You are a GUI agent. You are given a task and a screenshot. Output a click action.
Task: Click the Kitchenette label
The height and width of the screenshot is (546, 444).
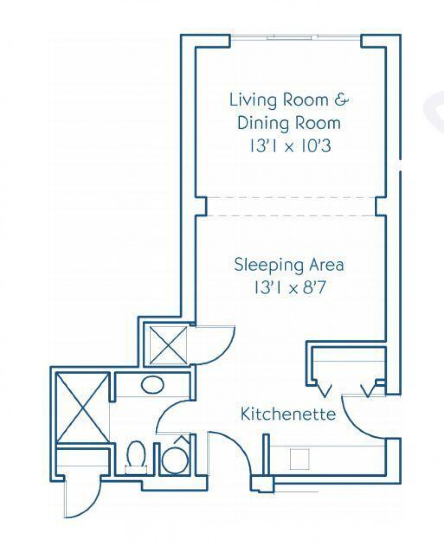[x=288, y=414]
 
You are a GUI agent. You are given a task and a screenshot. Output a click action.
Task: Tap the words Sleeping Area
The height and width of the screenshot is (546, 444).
[x=289, y=264]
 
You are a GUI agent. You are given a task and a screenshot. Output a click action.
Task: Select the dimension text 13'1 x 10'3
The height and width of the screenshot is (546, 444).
[x=289, y=146]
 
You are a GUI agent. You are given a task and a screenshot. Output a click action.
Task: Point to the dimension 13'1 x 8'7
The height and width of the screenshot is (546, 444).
[x=289, y=288]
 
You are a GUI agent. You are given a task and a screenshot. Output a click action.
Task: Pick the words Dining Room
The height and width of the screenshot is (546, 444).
[x=289, y=123]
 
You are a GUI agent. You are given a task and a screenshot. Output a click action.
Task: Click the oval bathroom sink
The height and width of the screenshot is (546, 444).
[x=153, y=385]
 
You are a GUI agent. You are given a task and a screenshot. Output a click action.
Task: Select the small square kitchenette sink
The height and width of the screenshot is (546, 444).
[x=300, y=459]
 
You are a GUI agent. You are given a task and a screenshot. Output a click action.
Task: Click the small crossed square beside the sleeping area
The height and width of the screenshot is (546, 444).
[x=168, y=345]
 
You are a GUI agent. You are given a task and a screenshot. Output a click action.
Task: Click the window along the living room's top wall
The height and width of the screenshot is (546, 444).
[x=295, y=37]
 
